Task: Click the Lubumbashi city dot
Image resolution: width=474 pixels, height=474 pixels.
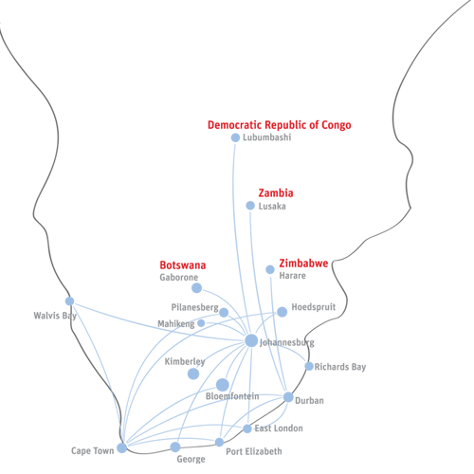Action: click(235, 137)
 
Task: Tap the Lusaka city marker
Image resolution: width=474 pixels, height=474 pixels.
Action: click(250, 206)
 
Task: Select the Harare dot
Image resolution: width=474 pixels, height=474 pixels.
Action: click(270, 269)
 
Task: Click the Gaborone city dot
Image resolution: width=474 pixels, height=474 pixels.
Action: click(197, 288)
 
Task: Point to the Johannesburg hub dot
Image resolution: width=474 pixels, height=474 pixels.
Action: click(251, 340)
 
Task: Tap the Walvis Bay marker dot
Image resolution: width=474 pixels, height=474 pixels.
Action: click(70, 301)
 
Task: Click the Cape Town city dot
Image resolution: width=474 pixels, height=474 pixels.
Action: click(122, 447)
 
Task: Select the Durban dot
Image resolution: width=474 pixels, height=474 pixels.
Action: click(288, 397)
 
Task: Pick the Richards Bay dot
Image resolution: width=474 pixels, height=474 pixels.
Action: click(309, 366)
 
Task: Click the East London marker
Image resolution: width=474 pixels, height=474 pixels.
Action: click(247, 428)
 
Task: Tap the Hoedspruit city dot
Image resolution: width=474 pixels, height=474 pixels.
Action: click(283, 312)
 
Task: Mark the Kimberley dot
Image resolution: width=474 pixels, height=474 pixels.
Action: click(193, 374)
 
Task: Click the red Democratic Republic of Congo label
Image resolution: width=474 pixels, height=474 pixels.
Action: click(280, 125)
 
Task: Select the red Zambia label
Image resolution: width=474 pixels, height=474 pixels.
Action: click(276, 192)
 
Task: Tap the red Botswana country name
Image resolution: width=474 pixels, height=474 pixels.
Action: click(183, 264)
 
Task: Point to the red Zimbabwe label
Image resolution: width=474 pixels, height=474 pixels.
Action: click(303, 263)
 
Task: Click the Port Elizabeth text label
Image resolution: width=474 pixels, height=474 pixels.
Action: click(254, 451)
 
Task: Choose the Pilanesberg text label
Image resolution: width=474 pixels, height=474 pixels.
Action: click(194, 307)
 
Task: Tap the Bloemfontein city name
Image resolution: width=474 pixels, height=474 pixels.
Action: click(232, 396)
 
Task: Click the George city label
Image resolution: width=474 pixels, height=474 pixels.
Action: click(191, 459)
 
